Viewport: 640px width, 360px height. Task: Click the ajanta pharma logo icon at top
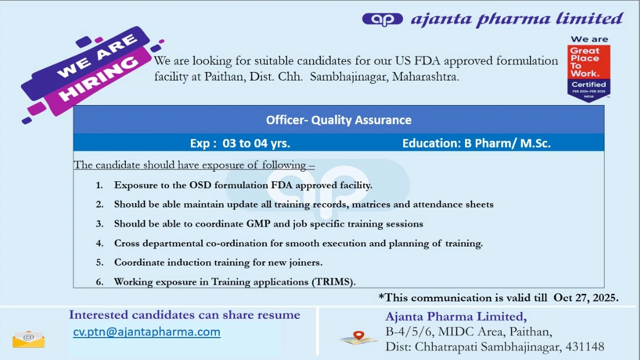pos(382,19)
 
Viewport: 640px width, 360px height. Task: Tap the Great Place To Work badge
pos(588,68)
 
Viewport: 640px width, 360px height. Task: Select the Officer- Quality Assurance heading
pos(339,120)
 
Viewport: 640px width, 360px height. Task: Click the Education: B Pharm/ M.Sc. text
pos(476,143)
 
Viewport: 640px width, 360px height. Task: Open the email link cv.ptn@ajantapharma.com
pos(147,332)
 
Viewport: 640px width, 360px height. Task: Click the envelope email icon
pos(28,339)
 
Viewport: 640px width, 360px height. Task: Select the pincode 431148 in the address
pos(586,347)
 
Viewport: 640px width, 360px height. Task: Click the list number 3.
pos(100,224)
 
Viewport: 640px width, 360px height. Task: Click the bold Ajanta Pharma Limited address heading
pos(456,316)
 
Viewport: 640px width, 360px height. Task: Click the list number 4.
pos(100,243)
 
